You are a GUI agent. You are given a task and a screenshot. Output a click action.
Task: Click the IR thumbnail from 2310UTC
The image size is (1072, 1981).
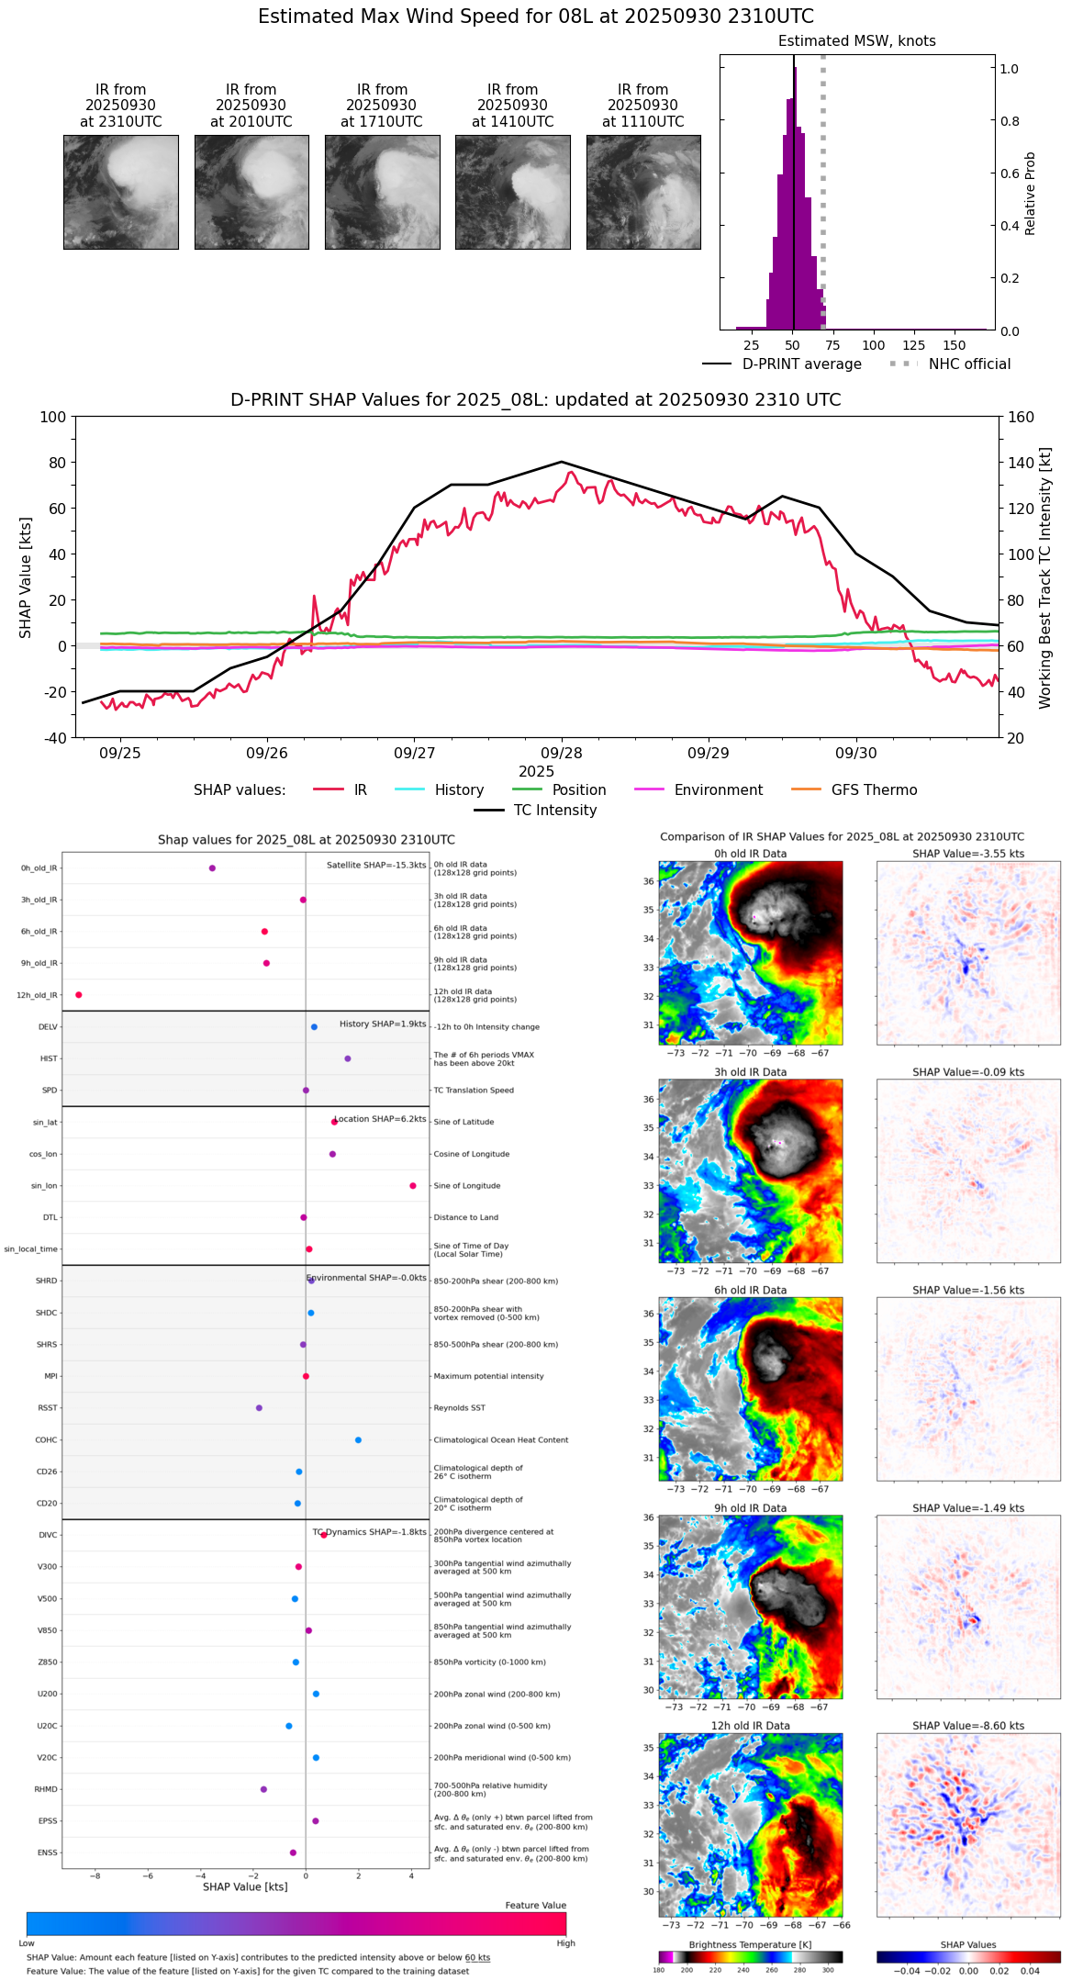pos(120,192)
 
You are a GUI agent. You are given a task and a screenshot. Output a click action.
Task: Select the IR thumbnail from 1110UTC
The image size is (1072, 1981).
pos(643,192)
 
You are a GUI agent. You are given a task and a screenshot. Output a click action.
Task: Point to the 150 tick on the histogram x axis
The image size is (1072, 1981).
pos(955,345)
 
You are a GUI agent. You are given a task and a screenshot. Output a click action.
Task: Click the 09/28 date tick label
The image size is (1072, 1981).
pos(561,753)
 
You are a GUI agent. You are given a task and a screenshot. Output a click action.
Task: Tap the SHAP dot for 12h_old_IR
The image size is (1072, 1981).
pos(79,995)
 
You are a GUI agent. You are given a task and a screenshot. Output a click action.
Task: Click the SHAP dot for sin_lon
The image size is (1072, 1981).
pos(413,1186)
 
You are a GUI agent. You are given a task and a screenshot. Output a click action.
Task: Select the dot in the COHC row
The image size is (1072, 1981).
pos(358,1440)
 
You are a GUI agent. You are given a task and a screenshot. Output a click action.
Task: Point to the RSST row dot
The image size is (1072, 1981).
pos(259,1408)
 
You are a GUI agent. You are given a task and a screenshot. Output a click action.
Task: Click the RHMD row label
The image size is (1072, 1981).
pos(46,1789)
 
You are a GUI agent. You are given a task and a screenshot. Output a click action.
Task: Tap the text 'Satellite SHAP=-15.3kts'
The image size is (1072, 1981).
pos(376,866)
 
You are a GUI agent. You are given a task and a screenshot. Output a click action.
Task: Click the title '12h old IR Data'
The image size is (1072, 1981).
pos(750,1726)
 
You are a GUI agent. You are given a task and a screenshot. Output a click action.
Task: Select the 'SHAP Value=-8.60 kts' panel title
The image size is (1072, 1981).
pos(968,1726)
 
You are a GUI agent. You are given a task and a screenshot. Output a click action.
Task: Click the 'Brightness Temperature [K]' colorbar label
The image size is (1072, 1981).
pos(750,1944)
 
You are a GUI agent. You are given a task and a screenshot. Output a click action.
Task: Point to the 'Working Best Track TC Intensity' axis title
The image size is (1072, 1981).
pos(1045,578)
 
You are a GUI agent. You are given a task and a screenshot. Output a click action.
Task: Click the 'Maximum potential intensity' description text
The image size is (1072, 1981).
pos(488,1376)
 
